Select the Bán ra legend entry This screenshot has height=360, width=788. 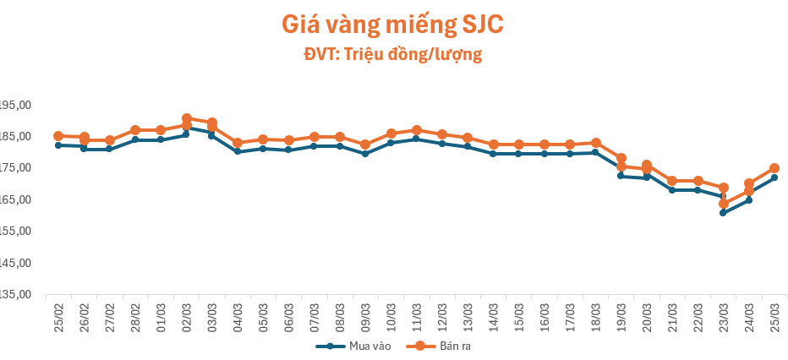(445, 346)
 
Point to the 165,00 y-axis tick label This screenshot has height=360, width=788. (14, 199)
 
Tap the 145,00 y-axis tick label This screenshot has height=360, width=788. (14, 263)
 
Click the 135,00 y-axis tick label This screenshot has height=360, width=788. (14, 294)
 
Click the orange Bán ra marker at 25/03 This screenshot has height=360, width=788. (774, 168)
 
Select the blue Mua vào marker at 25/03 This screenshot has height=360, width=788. (774, 177)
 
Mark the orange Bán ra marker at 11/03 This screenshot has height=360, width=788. (417, 130)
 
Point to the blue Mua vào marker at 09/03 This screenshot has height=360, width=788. (365, 154)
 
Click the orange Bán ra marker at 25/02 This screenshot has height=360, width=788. (58, 136)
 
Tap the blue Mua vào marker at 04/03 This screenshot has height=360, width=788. (238, 151)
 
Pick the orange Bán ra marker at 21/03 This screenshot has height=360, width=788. (672, 181)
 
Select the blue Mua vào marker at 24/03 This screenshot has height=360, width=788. (749, 200)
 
